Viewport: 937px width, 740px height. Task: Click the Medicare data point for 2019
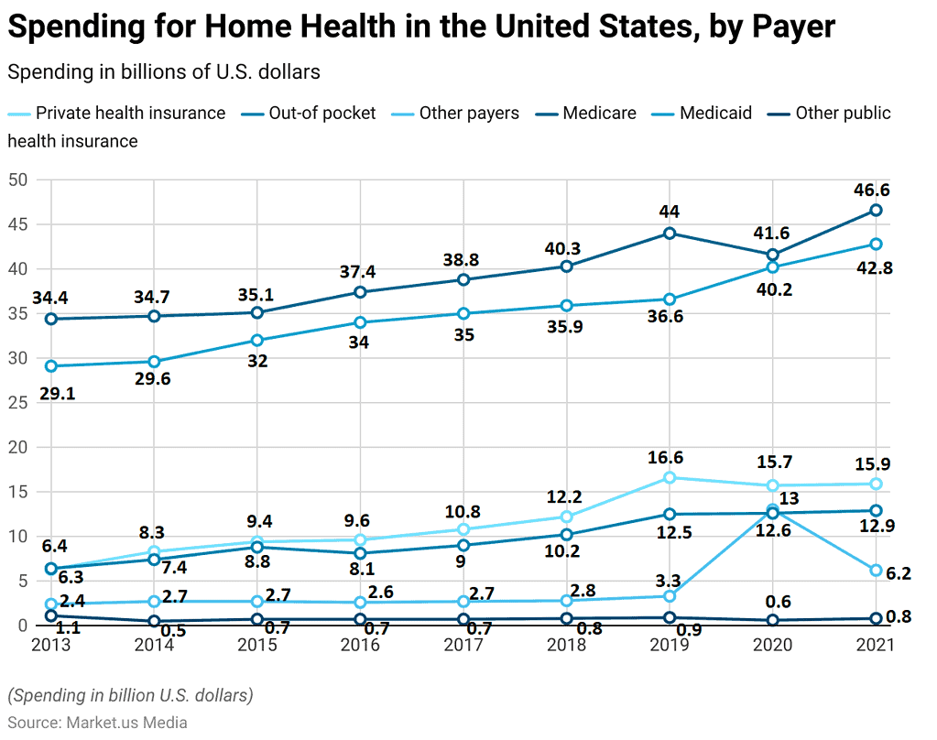670,233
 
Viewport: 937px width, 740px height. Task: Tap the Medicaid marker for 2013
51,365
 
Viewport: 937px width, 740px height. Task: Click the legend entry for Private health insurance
129,114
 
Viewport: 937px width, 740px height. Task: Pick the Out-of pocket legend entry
321,114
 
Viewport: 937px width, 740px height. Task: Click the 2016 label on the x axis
360,645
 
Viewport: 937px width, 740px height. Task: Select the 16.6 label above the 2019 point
665,457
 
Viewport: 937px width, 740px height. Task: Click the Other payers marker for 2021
876,570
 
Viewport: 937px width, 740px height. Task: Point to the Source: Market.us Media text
97,723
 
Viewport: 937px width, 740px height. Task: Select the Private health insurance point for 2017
463,529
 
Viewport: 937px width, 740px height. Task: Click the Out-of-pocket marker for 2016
360,553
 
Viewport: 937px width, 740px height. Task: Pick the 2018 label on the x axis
566,645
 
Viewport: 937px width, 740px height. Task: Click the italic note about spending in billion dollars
130,695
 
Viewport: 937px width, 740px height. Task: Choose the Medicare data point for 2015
257,312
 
